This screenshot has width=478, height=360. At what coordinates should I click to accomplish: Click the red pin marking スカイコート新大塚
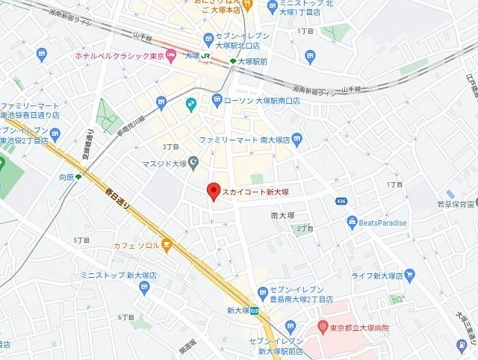coord(213,191)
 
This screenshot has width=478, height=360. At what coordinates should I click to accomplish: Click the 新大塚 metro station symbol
coord(255,310)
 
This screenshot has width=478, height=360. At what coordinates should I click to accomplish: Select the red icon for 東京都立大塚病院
coord(322,326)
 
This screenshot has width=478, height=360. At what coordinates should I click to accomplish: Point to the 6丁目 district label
coord(125,318)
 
